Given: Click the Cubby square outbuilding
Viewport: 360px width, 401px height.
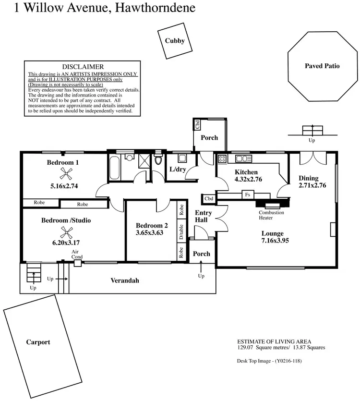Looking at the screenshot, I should [174, 41].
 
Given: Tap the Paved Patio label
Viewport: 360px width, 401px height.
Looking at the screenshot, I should [322, 66].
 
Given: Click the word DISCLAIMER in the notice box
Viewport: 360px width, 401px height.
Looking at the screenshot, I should [83, 67].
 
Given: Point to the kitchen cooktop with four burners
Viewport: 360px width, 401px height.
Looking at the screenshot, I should [222, 159].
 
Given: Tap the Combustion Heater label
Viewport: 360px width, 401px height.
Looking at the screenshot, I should [272, 215].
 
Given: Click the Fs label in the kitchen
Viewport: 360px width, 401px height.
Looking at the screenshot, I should [248, 195].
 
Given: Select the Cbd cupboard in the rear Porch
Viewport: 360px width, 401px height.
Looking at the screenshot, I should [197, 124].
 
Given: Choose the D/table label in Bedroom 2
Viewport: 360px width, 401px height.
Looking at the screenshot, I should [181, 232].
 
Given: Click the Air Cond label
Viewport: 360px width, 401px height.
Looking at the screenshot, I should [77, 255].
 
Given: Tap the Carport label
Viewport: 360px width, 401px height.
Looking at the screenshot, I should [38, 342].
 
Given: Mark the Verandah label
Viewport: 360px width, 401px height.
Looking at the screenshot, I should [125, 280].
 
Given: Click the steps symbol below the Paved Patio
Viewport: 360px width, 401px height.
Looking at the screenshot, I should [312, 130].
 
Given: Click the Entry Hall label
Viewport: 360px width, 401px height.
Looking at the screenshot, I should [204, 216].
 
